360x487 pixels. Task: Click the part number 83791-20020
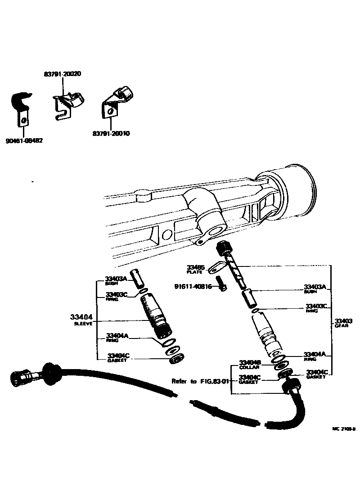click(63, 73)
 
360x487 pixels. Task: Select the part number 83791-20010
click(112, 133)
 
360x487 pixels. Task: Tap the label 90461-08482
click(24, 140)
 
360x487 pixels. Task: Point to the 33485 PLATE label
click(195, 269)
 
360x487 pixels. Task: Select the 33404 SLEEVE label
click(83, 319)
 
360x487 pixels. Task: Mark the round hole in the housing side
click(166, 235)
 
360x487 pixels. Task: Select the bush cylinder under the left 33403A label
click(138, 279)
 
